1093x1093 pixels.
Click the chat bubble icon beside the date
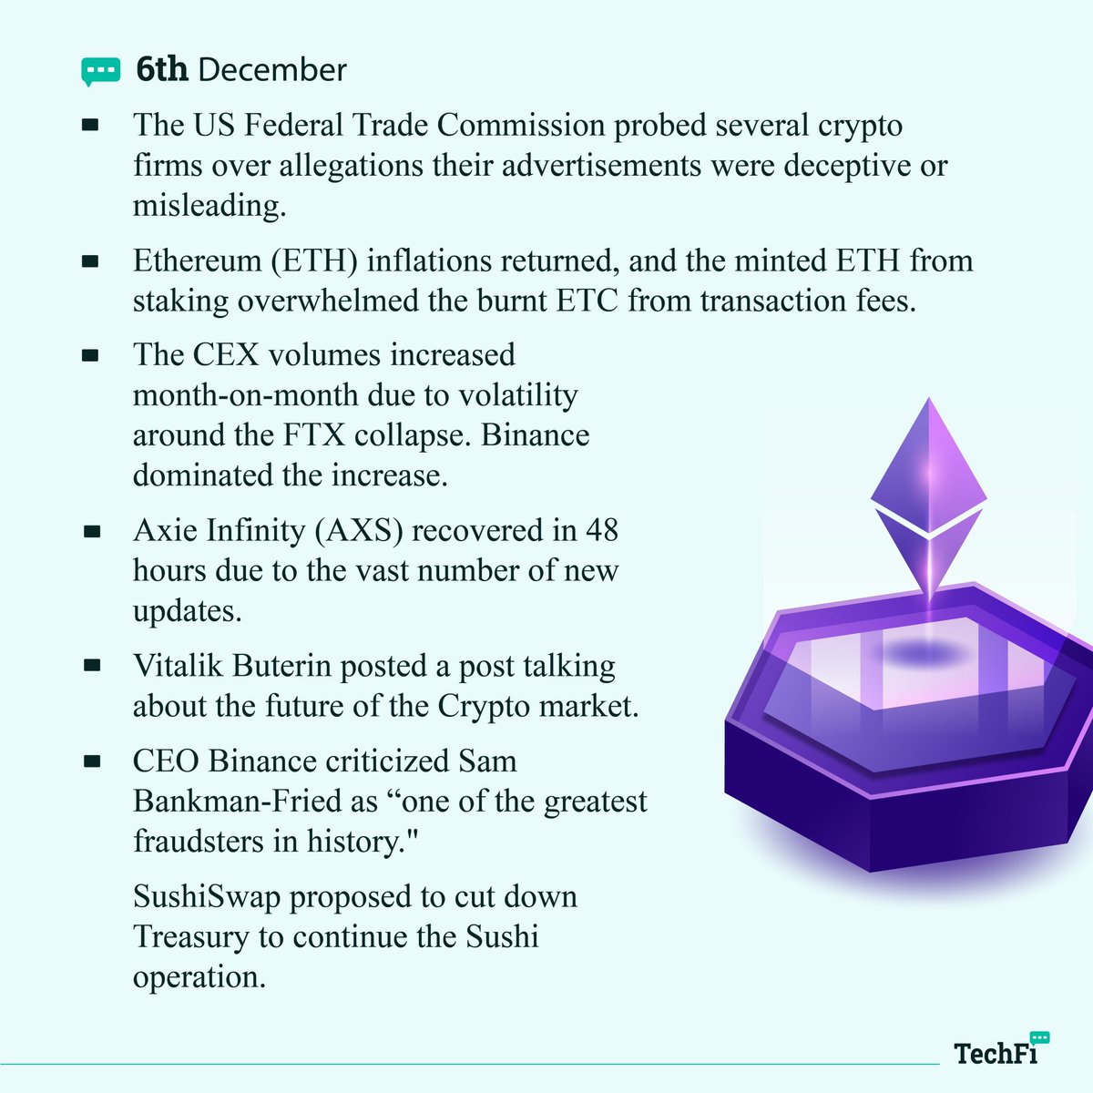click(x=100, y=71)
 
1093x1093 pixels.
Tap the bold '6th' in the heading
click(x=162, y=70)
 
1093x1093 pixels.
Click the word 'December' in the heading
click(x=272, y=70)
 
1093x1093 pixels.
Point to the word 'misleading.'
click(x=209, y=206)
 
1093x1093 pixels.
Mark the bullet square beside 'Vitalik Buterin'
click(x=90, y=667)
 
